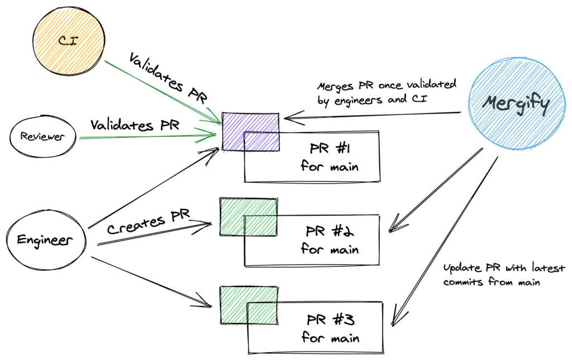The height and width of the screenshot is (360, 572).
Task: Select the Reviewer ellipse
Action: point(42,137)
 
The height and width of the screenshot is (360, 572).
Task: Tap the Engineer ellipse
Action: point(46,240)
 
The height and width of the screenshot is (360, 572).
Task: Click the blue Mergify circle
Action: point(518,104)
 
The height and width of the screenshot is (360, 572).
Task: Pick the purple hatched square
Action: point(251,132)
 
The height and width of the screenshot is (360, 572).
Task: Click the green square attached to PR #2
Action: point(249,217)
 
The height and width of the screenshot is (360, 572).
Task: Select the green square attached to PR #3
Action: point(249,305)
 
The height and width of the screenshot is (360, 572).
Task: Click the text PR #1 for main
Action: point(330,158)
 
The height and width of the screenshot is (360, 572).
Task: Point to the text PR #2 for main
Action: point(330,240)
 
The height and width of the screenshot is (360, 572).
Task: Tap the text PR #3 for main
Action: point(331,328)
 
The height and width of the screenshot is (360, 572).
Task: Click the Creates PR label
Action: point(149,221)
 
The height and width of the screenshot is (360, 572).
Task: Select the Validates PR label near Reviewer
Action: point(135,125)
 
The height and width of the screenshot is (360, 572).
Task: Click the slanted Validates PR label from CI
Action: point(168,78)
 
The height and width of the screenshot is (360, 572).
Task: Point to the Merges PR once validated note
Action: point(387,92)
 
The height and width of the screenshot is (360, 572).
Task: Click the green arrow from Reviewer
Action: point(147,136)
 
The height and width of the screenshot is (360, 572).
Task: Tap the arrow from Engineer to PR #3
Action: point(151,282)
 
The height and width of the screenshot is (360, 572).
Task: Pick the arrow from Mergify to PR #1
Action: point(373,116)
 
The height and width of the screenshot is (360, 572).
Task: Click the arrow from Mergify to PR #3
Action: point(445,241)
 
